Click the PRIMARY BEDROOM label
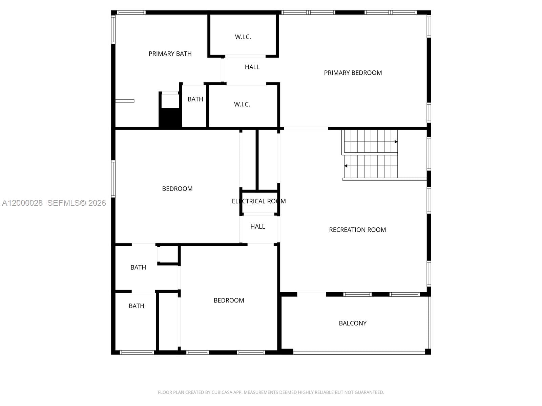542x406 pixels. pyautogui.click(x=353, y=73)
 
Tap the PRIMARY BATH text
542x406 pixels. pyautogui.click(x=170, y=54)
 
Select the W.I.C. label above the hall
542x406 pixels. pyautogui.click(x=243, y=37)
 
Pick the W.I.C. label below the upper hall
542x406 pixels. pyautogui.click(x=242, y=105)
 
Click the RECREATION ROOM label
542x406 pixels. pyautogui.click(x=357, y=230)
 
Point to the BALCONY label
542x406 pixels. pyautogui.click(x=353, y=323)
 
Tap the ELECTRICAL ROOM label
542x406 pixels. pyautogui.click(x=259, y=201)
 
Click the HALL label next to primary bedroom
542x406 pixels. pyautogui.click(x=252, y=67)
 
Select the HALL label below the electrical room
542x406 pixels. pyautogui.click(x=257, y=227)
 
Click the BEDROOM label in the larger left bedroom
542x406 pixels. pyautogui.click(x=177, y=189)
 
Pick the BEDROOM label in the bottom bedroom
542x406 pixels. pyautogui.click(x=229, y=300)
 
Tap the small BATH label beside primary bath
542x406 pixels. pyautogui.click(x=195, y=99)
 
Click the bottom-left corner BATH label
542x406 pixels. pyautogui.click(x=136, y=306)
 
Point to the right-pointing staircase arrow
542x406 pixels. pyautogui.click(x=396, y=142)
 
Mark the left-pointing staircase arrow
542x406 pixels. pyautogui.click(x=346, y=166)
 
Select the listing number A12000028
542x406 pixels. pyautogui.click(x=22, y=203)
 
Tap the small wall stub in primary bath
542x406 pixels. pyautogui.click(x=125, y=101)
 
